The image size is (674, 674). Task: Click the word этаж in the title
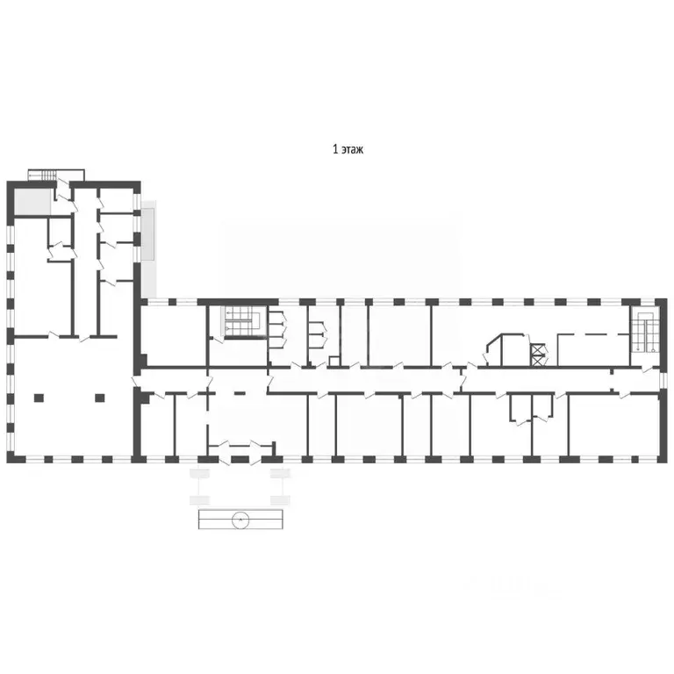tap(352, 150)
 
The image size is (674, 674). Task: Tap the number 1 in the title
tap(334, 150)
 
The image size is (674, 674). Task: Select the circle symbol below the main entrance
tap(240, 520)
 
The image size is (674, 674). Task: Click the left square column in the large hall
tap(37, 398)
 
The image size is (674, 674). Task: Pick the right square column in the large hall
tap(100, 398)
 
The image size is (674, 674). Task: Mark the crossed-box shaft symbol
tap(536, 353)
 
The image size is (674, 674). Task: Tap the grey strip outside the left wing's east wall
tap(149, 233)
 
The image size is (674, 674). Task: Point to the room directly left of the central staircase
tap(174, 334)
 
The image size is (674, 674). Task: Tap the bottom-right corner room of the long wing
tap(613, 426)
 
